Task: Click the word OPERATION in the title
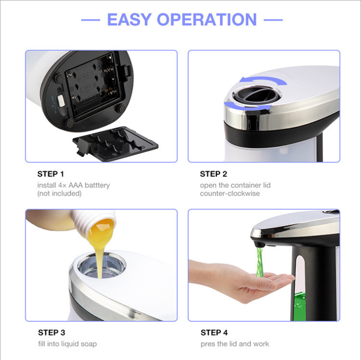pos(207,19)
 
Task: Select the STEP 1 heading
pos(51,174)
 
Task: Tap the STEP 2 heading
pos(213,174)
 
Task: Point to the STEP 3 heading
pos(51,333)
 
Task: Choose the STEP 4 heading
pos(214,333)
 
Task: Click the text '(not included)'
pos(59,193)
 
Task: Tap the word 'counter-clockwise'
pos(230,193)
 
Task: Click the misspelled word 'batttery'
pos(95,185)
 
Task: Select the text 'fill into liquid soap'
pos(67,344)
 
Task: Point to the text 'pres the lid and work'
pos(235,344)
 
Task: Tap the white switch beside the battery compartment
pos(61,100)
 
